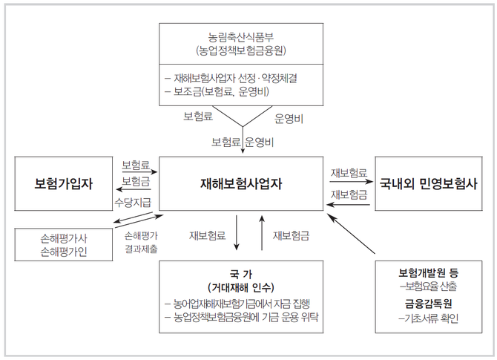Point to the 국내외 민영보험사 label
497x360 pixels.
click(x=428, y=183)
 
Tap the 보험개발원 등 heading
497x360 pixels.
click(x=428, y=272)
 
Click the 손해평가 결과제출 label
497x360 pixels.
click(x=141, y=242)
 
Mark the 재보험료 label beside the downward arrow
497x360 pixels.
click(x=208, y=236)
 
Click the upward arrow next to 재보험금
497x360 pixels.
click(x=262, y=234)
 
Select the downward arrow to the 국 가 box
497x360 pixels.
click(x=236, y=234)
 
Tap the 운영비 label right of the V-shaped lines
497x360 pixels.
click(x=289, y=117)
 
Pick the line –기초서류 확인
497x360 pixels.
click(x=428, y=318)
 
